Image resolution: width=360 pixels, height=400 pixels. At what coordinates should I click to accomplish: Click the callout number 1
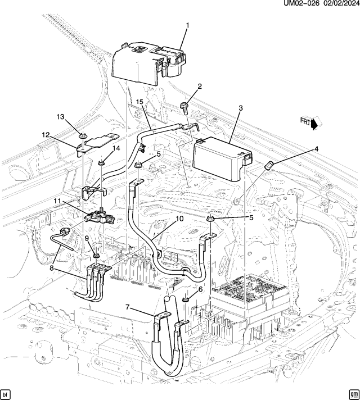(187, 25)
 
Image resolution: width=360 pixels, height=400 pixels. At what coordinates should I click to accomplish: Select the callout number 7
(128, 307)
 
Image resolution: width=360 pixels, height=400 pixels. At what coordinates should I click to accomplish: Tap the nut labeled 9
(96, 256)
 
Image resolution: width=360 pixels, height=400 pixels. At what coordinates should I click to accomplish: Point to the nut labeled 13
(82, 135)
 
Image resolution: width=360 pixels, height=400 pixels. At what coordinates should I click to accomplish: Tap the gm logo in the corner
(353, 393)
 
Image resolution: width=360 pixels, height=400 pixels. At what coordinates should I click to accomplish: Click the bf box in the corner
(6, 393)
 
